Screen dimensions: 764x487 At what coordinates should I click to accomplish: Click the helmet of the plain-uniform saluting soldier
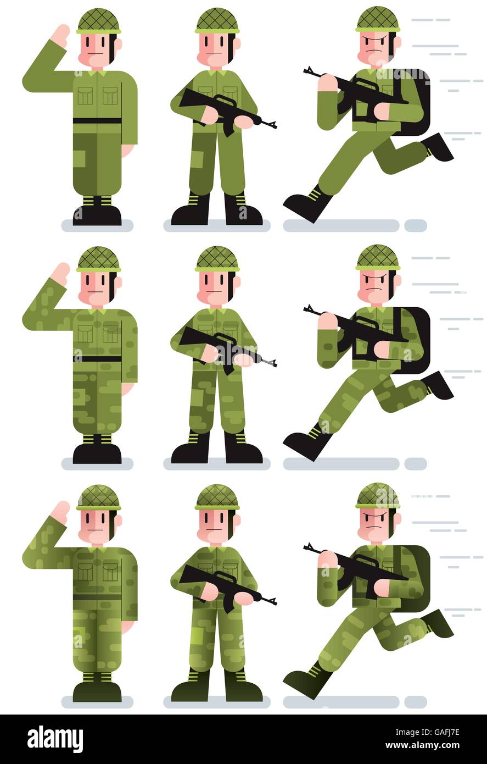[x=98, y=21]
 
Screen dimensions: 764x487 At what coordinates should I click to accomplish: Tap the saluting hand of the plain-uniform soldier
[x=60, y=34]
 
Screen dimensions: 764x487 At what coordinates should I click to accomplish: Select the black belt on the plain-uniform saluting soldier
[x=97, y=120]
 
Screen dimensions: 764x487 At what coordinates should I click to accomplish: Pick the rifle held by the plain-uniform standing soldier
[x=225, y=107]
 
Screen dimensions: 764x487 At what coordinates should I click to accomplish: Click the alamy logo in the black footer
[x=55, y=739]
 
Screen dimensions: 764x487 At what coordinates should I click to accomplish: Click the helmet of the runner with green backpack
[x=377, y=496]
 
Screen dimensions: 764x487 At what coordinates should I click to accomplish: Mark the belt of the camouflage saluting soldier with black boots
[x=97, y=358]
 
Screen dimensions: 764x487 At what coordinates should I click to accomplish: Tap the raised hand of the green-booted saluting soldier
[x=60, y=511]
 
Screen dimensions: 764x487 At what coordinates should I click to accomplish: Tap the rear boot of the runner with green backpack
[x=439, y=623]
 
